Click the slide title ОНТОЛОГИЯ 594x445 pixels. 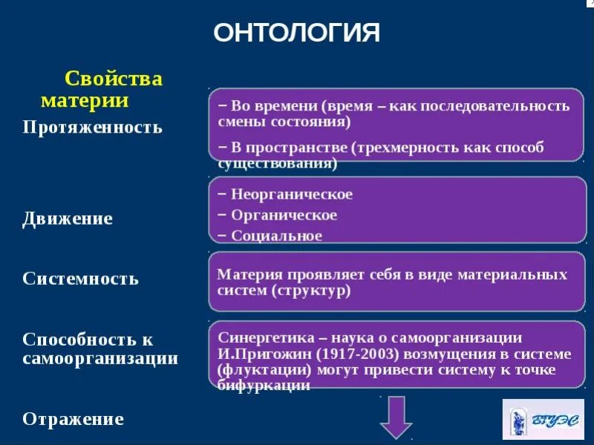[x=296, y=33]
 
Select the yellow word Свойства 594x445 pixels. [x=114, y=79]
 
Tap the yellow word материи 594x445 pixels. [x=85, y=100]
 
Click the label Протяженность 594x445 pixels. [x=92, y=127]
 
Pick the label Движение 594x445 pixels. [x=68, y=219]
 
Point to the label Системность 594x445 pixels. [x=80, y=279]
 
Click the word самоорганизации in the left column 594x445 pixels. [x=100, y=359]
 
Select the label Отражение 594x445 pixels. [x=73, y=419]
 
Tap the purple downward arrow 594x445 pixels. [x=396, y=417]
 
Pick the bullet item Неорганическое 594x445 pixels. [x=292, y=194]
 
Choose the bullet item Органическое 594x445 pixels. [x=284, y=215]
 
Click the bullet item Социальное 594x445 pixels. [x=276, y=236]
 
